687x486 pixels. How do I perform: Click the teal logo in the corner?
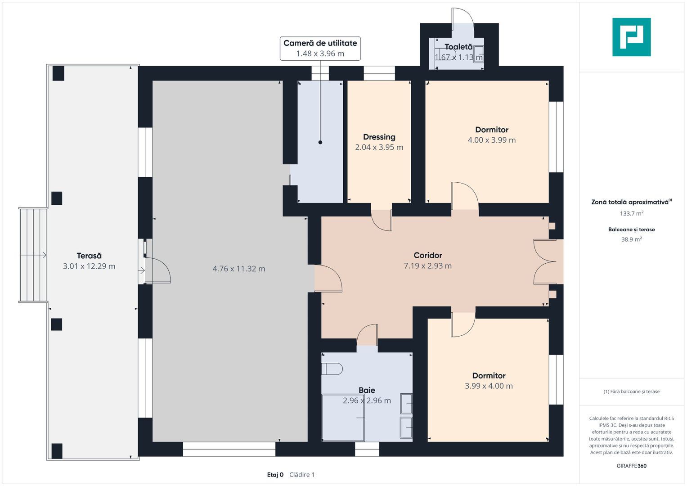(632, 37)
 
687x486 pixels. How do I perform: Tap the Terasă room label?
(89, 256)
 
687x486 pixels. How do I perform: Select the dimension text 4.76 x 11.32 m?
(239, 269)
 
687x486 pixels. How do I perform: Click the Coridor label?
(428, 255)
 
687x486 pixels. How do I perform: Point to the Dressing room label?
(379, 137)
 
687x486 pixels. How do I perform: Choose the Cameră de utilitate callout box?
(320, 49)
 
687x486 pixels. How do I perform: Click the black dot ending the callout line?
(320, 142)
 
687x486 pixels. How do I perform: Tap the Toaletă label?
(458, 47)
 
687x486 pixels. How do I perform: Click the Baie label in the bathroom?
(367, 390)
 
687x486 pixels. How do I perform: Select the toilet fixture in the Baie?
(332, 369)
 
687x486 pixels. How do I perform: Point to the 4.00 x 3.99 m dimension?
(492, 140)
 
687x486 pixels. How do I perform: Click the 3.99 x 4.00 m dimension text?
(489, 386)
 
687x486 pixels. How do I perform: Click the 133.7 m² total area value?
(632, 213)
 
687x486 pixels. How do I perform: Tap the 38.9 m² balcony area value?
(632, 239)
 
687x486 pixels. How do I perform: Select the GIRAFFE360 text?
(632, 466)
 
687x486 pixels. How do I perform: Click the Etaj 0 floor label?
(275, 475)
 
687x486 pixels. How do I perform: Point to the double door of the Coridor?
(545, 262)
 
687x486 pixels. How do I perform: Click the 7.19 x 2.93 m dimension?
(428, 265)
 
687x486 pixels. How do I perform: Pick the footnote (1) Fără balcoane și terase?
(632, 391)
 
